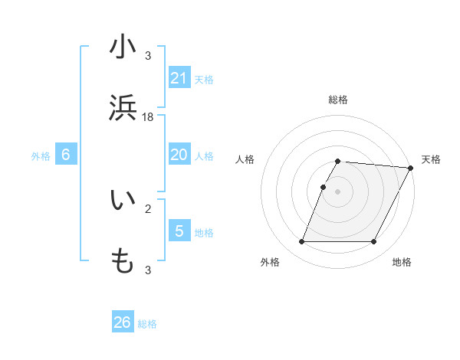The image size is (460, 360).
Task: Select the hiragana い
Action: pyautogui.click(x=123, y=201)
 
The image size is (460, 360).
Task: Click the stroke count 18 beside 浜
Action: pyautogui.click(x=148, y=116)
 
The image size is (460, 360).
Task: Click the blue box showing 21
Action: pyautogui.click(x=179, y=77)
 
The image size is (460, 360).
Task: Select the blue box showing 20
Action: pyautogui.click(x=179, y=155)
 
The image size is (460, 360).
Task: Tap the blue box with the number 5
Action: pyautogui.click(x=179, y=231)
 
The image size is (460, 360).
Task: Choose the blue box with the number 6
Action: pyautogui.click(x=66, y=155)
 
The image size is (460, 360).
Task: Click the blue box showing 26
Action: pyautogui.click(x=123, y=322)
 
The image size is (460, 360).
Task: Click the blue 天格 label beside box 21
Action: pyautogui.click(x=204, y=79)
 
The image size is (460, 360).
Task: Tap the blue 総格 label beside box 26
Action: pyautogui.click(x=147, y=324)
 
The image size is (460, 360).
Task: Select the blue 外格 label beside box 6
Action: pyautogui.click(x=41, y=156)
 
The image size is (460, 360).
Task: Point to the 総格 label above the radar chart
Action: pyautogui.click(x=338, y=100)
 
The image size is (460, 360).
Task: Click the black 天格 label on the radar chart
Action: pyautogui.click(x=431, y=159)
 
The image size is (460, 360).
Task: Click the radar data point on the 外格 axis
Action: pyautogui.click(x=301, y=242)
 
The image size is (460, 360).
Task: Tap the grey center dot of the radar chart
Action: pyautogui.click(x=338, y=191)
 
